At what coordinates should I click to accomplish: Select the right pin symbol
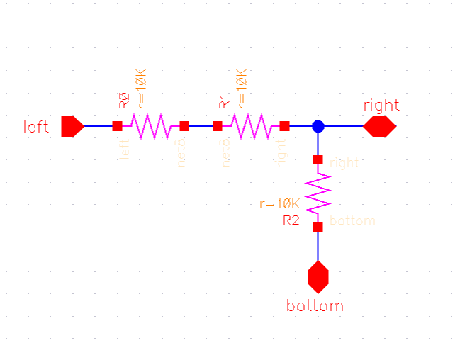click(379, 126)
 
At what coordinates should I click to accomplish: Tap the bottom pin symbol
click(318, 276)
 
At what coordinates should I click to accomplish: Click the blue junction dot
click(318, 126)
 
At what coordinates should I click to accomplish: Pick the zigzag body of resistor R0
click(150, 126)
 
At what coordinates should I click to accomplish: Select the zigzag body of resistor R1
click(251, 126)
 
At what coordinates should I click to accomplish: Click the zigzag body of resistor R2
click(318, 193)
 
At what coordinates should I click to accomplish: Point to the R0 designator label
click(124, 100)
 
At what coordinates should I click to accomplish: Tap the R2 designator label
click(291, 220)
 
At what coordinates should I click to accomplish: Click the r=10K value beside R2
click(281, 204)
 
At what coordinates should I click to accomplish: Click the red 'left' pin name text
click(36, 127)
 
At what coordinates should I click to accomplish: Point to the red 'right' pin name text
click(381, 106)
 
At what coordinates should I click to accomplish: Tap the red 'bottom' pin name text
click(315, 306)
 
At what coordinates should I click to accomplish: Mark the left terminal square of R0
click(118, 126)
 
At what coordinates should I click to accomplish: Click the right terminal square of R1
click(284, 126)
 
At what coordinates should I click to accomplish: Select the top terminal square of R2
click(318, 160)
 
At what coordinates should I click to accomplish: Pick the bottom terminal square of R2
click(318, 227)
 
